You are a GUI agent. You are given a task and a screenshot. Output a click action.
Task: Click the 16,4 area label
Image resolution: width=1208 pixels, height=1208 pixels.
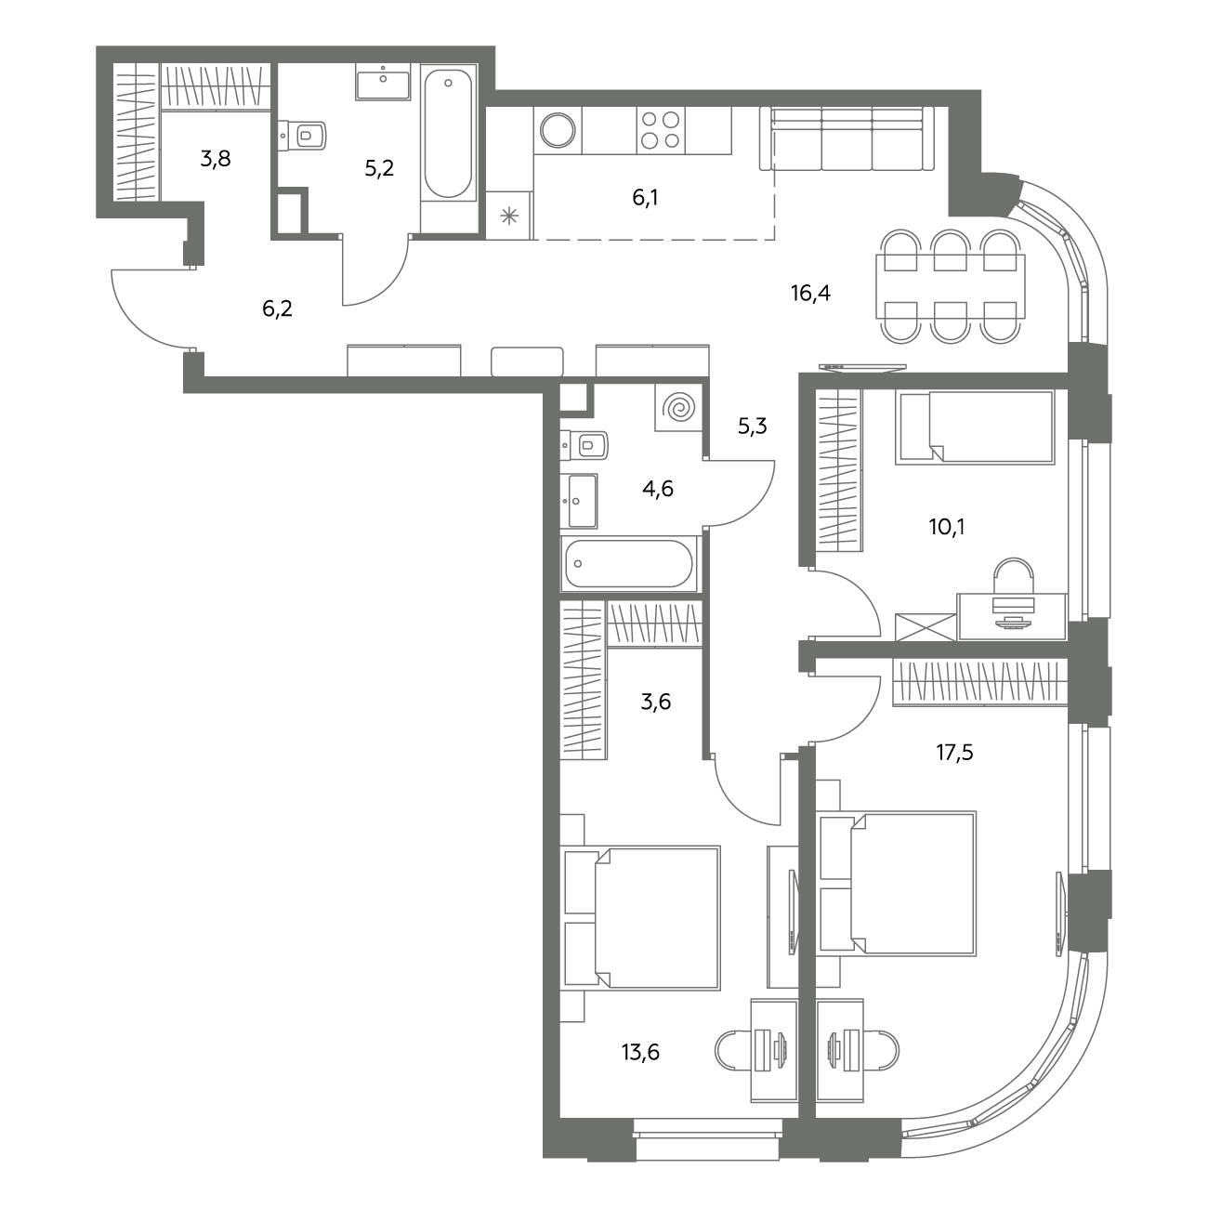coord(810,293)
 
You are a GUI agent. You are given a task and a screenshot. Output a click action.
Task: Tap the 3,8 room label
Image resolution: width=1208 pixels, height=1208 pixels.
coord(216,159)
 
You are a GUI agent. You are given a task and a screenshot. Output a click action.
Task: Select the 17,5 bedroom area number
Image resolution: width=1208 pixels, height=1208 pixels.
coord(954,752)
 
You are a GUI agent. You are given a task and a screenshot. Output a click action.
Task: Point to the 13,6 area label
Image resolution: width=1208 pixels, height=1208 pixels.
coord(640,1052)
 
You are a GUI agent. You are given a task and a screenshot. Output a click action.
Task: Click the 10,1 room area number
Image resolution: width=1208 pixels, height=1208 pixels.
coord(947,527)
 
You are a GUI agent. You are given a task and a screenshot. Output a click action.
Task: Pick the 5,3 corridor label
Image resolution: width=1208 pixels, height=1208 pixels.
coord(753,427)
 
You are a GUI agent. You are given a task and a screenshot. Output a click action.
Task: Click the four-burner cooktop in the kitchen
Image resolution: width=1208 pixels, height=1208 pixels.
coord(661,130)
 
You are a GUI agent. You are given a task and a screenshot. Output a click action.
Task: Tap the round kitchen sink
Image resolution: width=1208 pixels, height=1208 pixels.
coord(558,130)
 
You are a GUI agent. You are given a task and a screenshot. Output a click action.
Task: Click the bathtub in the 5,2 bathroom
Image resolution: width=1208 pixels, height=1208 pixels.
coord(448,134)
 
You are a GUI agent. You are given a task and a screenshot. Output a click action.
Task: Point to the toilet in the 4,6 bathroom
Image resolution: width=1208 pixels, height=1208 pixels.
coord(584,446)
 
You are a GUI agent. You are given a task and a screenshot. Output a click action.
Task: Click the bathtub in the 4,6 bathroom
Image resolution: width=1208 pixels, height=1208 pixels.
coord(629,563)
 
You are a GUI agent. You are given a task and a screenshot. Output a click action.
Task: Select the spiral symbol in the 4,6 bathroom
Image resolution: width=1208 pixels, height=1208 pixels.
coord(679,408)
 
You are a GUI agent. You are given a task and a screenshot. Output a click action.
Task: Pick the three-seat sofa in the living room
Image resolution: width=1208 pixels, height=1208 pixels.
coord(847,138)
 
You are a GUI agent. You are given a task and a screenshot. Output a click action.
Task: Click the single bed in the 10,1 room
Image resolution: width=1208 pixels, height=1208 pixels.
coord(975,427)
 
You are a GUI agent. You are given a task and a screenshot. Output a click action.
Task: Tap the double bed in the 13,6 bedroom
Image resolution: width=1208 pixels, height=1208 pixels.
coord(640,918)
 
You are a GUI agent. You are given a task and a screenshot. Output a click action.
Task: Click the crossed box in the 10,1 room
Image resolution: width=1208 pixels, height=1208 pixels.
coord(926,627)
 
